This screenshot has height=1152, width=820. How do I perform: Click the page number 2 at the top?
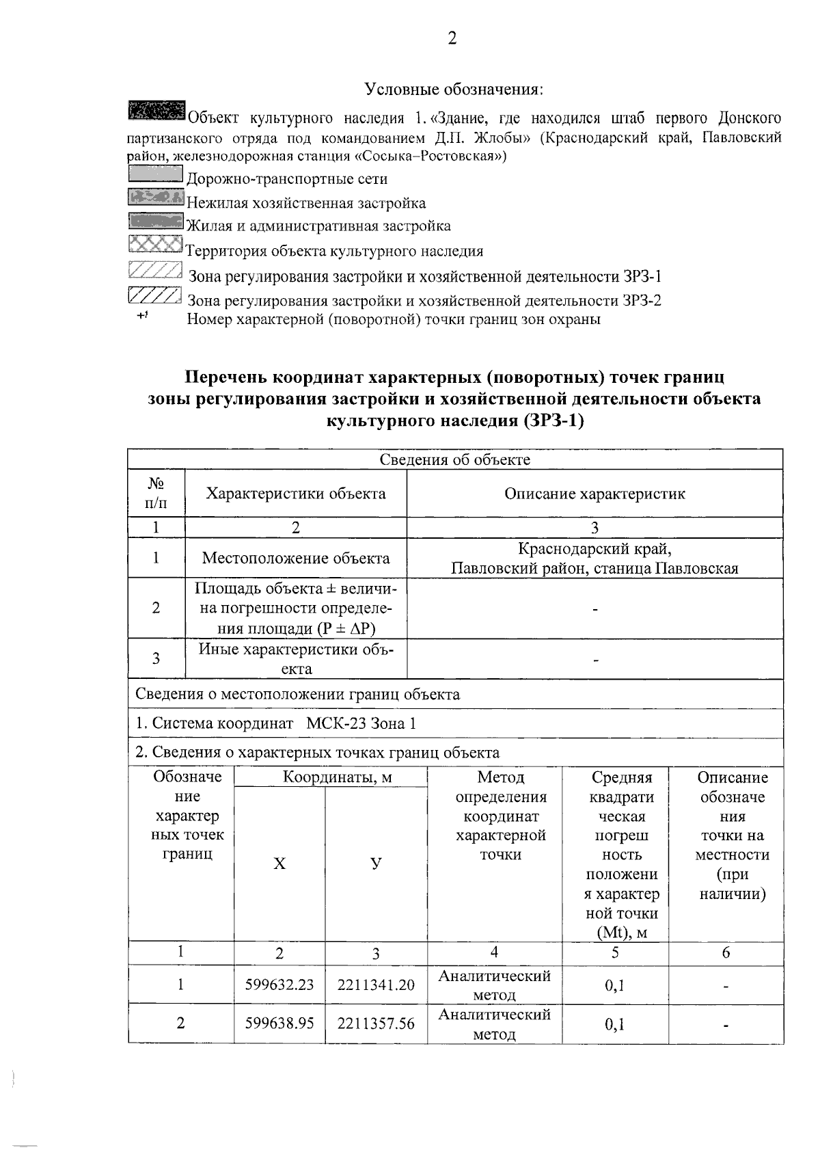[452, 38]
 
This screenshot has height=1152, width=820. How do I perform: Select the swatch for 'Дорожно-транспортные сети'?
[155, 174]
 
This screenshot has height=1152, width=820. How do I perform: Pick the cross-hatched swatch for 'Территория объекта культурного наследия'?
[156, 244]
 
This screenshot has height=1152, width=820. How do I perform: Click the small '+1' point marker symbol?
[143, 316]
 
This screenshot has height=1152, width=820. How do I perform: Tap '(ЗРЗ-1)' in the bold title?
[553, 421]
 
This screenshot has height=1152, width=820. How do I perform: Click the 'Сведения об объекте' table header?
[454, 460]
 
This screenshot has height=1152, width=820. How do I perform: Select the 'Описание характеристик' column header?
[594, 494]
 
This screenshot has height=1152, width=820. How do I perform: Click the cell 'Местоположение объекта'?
[295, 558]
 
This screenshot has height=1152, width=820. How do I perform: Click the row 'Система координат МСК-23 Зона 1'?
[275, 723]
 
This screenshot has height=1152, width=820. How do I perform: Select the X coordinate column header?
[279, 864]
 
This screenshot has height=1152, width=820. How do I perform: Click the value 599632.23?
[279, 985]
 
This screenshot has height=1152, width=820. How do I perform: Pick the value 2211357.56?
[376, 1023]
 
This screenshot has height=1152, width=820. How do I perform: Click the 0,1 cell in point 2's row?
[614, 1023]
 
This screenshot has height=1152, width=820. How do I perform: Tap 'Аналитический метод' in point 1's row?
[494, 985]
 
